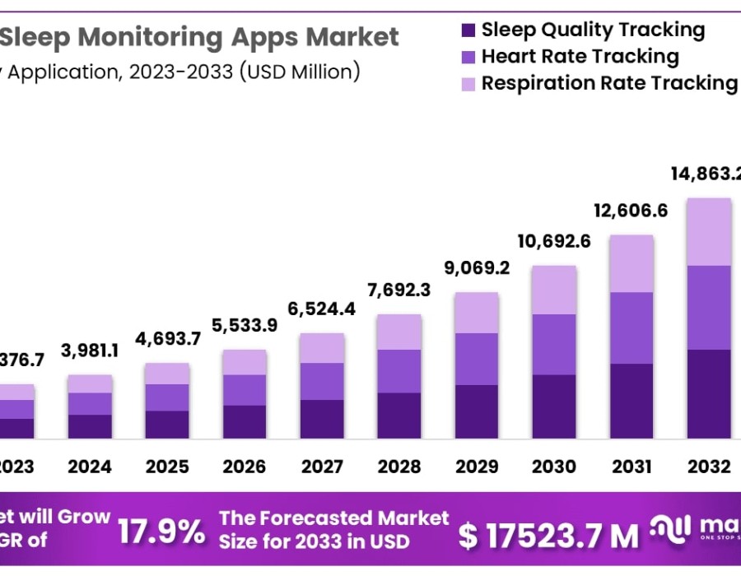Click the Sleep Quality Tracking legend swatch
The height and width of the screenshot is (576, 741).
pos(468,31)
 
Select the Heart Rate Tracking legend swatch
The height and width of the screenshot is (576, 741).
pos(468,58)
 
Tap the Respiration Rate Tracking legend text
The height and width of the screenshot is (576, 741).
pos(609,83)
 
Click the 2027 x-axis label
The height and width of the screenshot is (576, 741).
pos(322,467)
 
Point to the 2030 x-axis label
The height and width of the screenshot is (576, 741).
pos(554,467)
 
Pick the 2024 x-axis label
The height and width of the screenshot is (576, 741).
pos(90,467)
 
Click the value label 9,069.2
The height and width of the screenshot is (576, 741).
pos(477,268)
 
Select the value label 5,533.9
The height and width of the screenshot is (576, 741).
pos(245,325)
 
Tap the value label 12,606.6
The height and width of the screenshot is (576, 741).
pos(631,211)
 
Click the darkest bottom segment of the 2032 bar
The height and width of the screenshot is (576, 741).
pos(709,393)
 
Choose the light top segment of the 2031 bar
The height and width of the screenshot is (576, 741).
pos(631,263)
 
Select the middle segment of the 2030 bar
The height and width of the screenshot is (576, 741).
pos(554,344)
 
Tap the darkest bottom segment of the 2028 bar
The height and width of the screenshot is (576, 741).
pos(399,415)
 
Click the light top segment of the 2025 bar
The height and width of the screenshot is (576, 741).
pos(167,373)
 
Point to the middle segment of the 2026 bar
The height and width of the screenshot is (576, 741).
pos(245,389)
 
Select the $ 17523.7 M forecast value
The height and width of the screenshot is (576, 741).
pos(548,537)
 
